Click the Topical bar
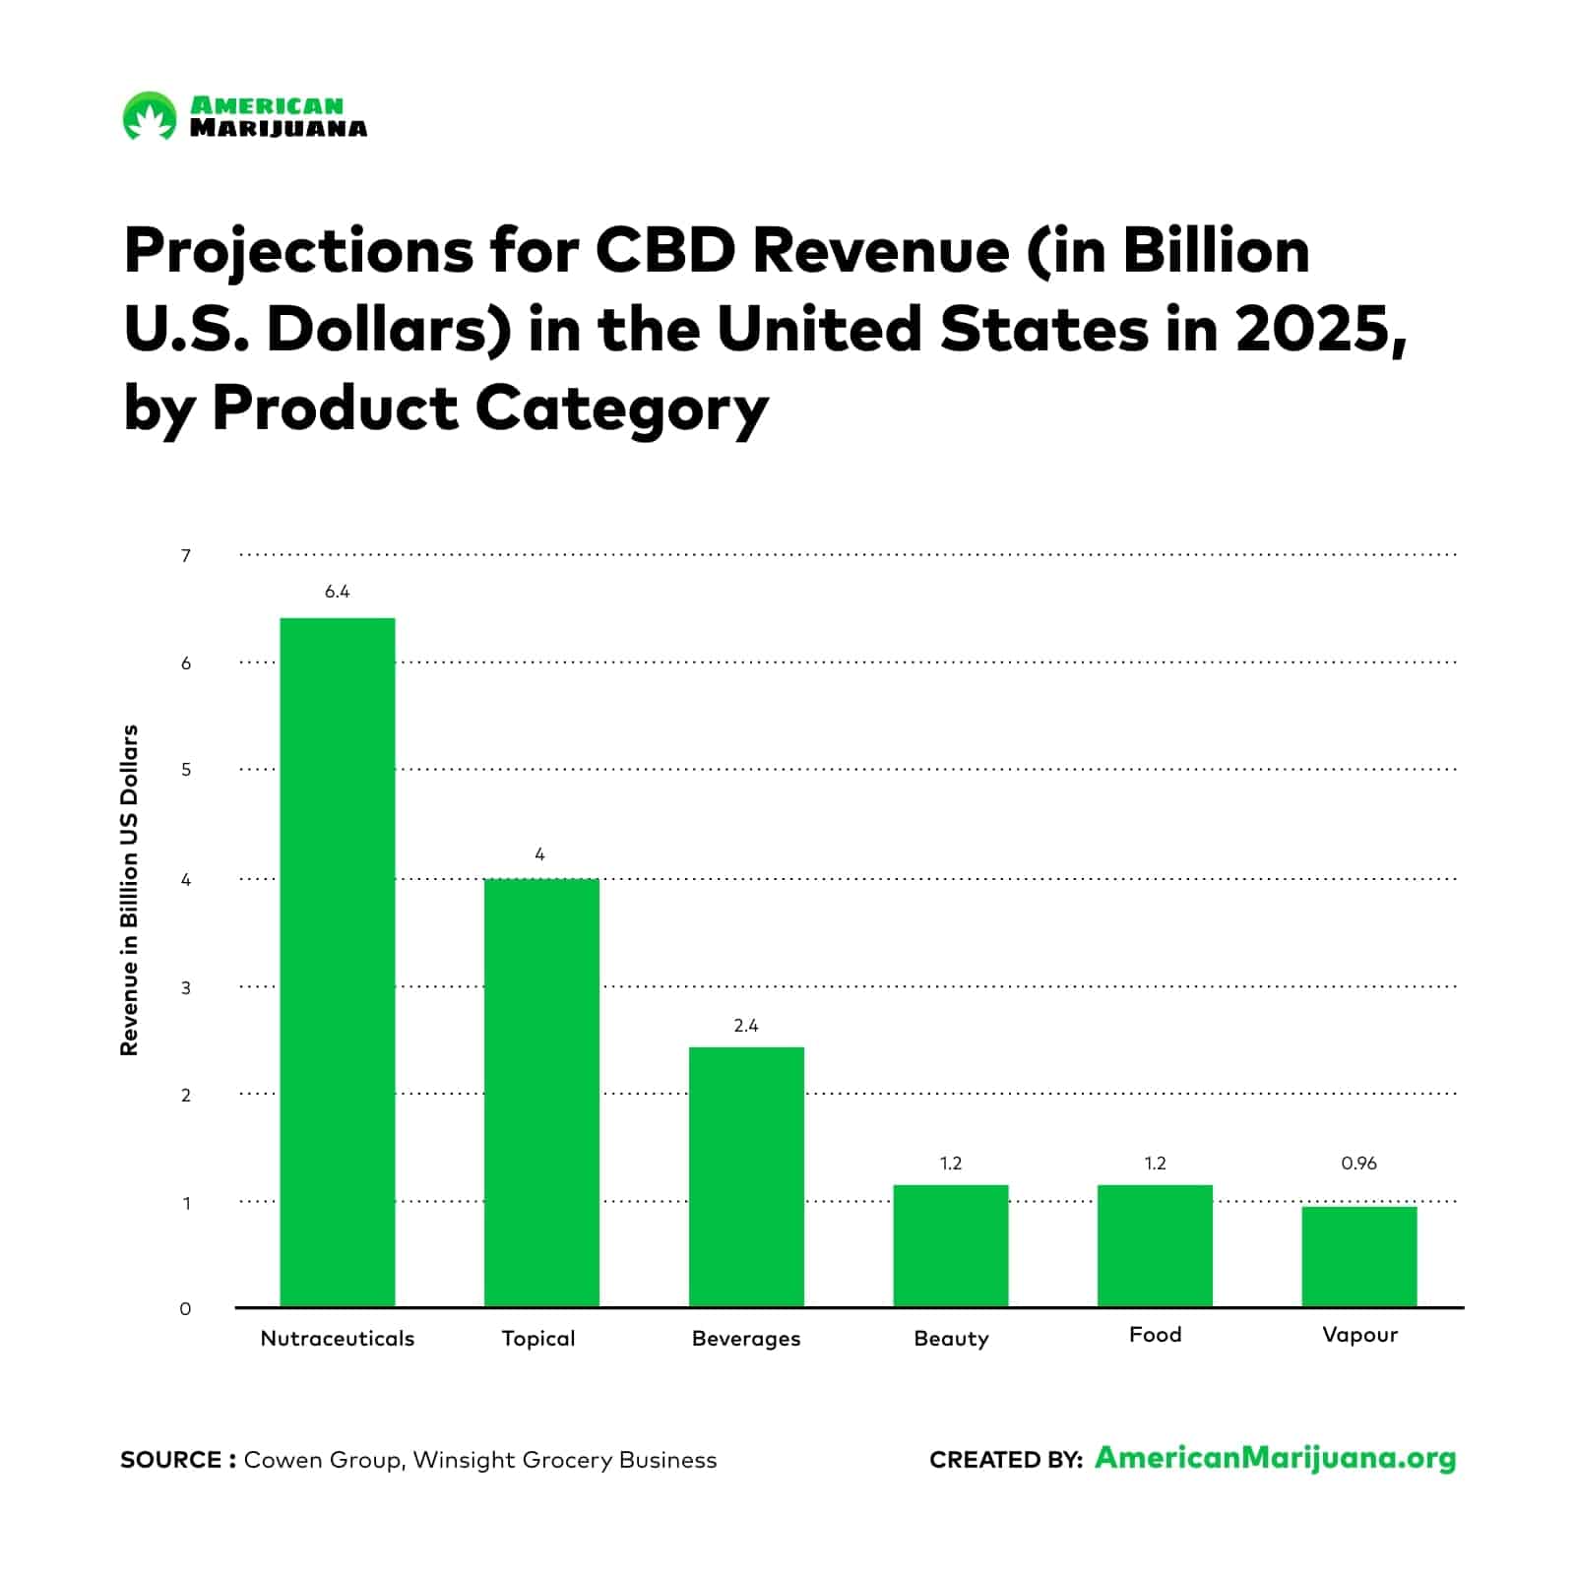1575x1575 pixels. [541, 1093]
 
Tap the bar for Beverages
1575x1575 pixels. [746, 1177]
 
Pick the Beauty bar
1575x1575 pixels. [951, 1245]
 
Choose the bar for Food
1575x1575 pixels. [1155, 1245]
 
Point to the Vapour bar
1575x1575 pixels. [1359, 1256]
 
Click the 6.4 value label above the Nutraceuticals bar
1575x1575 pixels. [337, 592]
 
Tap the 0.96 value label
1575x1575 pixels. [1359, 1164]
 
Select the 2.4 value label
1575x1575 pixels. [746, 1026]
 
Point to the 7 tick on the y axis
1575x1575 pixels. [185, 556]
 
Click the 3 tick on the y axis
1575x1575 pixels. [185, 987]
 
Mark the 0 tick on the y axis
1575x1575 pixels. [185, 1309]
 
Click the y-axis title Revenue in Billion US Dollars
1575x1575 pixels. [129, 890]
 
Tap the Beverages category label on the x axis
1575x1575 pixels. [746, 1339]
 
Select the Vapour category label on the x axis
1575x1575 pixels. [1359, 1335]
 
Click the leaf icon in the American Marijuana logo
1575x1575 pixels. [150, 117]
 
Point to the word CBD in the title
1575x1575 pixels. [665, 251]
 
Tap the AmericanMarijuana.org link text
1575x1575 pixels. [1275, 1458]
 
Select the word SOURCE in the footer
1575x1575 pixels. [171, 1460]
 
